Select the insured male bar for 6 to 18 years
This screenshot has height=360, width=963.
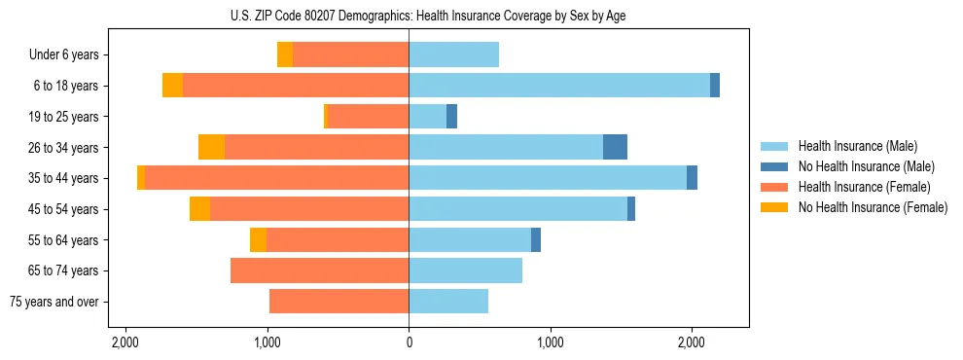(x=559, y=86)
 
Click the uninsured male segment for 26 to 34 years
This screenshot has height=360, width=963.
(x=615, y=147)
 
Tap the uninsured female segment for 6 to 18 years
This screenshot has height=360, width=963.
(x=172, y=86)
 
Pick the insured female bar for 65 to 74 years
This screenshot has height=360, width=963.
(x=319, y=270)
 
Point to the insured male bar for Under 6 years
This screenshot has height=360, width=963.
(x=453, y=55)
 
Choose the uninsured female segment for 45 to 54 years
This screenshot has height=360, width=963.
(x=199, y=209)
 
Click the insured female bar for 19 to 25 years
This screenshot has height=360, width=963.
(x=368, y=117)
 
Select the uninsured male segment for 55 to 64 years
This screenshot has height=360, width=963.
(x=536, y=240)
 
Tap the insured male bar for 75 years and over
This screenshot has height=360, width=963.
(x=448, y=302)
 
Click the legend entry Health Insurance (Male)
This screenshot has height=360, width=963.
(x=857, y=146)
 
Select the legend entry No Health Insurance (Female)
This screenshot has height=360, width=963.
(x=873, y=207)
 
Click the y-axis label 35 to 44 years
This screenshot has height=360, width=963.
(x=63, y=178)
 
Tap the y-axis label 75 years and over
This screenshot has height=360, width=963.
(x=54, y=302)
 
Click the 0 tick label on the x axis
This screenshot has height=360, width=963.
(x=409, y=343)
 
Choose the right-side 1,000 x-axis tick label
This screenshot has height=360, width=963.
(x=551, y=343)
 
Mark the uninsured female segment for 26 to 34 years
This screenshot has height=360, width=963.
(x=211, y=147)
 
